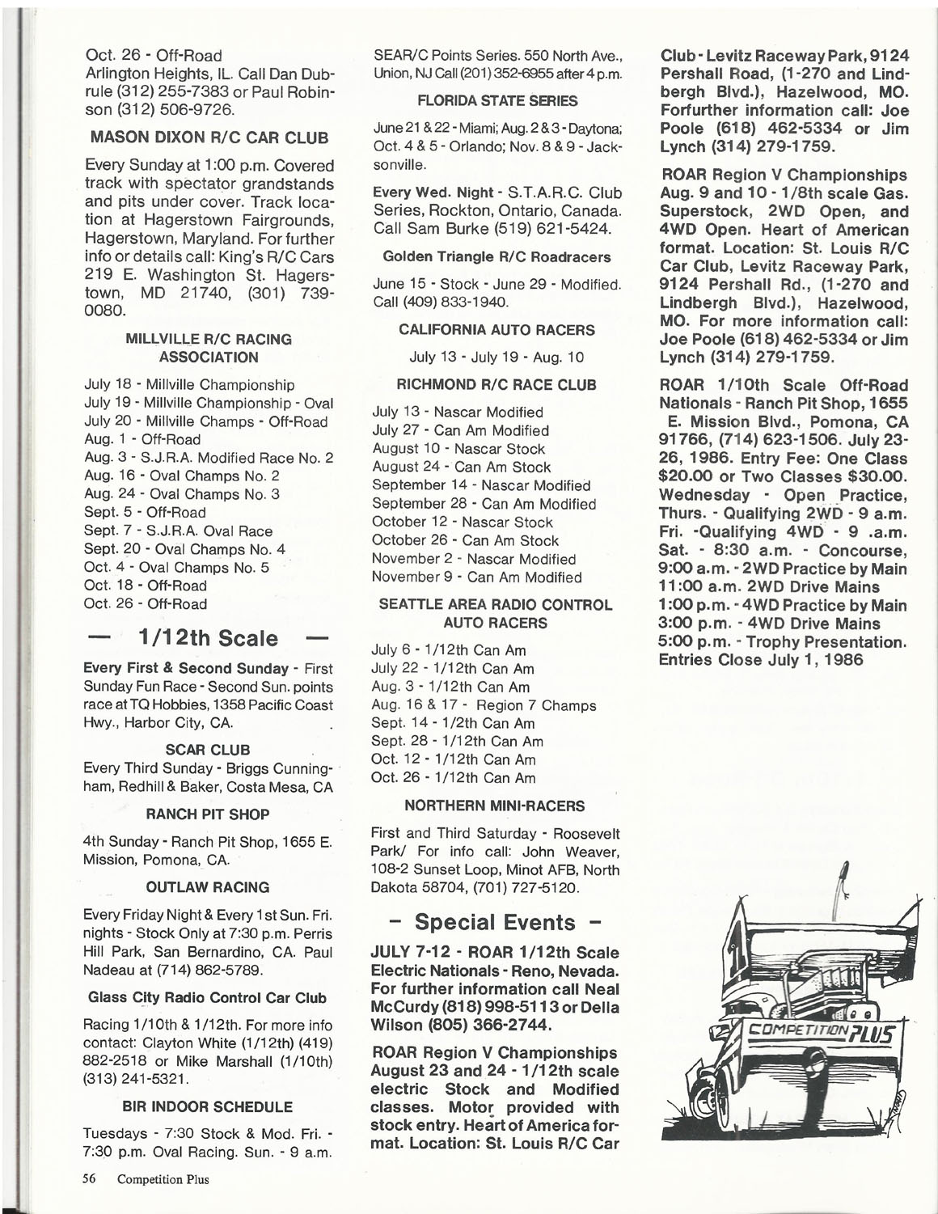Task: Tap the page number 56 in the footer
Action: [x=90, y=1178]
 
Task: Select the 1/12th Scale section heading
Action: [x=209, y=638]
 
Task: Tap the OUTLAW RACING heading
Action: [x=208, y=887]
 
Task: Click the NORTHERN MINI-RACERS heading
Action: [x=494, y=806]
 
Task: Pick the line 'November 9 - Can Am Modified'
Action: [x=476, y=577]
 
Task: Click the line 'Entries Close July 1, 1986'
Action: [x=761, y=660]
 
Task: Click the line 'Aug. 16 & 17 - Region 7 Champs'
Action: [x=483, y=705]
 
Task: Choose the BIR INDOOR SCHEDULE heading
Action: [x=207, y=1106]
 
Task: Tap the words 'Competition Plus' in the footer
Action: [x=163, y=1179]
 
